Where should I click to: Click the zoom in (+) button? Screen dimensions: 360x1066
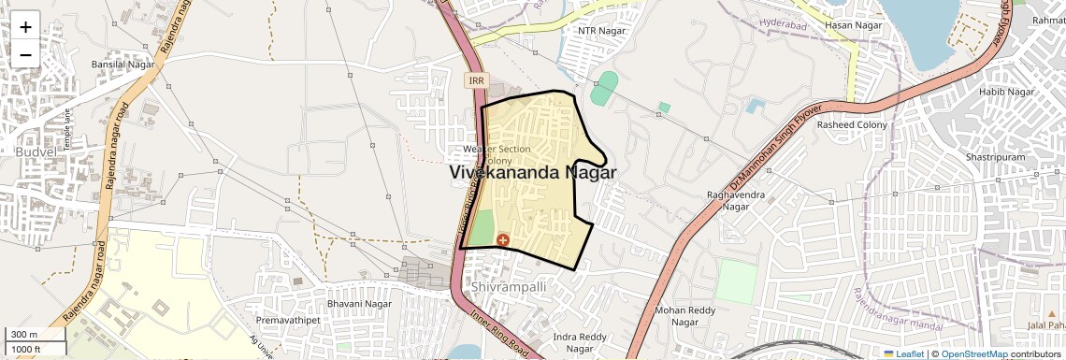25,27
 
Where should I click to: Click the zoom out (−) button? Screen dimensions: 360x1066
25,55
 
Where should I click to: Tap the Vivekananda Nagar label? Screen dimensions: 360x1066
533,173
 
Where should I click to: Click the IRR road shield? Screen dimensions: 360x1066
477,81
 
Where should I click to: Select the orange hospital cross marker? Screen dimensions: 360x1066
503,240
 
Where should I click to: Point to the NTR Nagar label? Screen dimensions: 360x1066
600,31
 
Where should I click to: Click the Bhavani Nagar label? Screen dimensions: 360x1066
359,304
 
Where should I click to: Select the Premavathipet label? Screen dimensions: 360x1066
287,321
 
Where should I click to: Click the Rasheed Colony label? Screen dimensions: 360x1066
852,124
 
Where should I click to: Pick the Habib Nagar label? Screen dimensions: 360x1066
1006,92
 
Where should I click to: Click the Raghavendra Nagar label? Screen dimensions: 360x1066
736,200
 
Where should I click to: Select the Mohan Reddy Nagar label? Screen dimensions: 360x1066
685,316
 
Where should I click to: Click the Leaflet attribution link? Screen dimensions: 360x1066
904,354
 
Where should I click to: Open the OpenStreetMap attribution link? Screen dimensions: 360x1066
973,354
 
